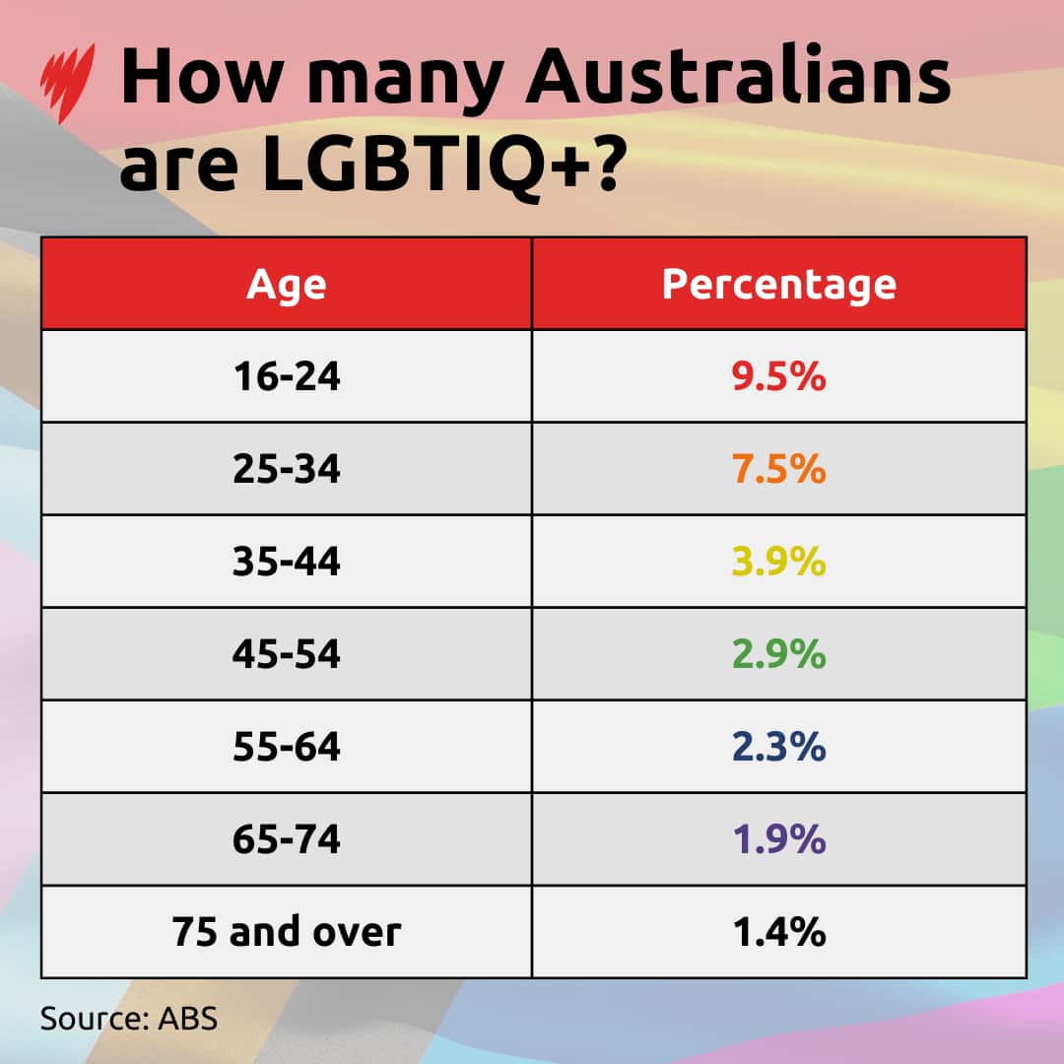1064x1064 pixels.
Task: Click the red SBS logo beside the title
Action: point(69,84)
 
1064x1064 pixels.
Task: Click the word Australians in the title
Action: point(737,79)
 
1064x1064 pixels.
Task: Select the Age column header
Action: point(286,284)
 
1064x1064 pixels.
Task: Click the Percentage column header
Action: point(778,284)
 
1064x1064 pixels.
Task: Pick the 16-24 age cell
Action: point(286,376)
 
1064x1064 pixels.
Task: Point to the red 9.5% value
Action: point(778,376)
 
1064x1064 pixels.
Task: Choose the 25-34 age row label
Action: point(286,469)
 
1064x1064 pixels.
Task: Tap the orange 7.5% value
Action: point(778,469)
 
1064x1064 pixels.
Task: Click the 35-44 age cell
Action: point(286,562)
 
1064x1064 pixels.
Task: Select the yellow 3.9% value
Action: point(778,562)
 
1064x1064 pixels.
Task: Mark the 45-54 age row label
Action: point(286,654)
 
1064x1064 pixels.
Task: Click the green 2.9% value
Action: point(778,654)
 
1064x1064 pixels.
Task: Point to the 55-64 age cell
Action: point(286,747)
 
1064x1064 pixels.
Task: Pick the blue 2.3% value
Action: point(778,747)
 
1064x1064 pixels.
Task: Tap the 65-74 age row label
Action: point(286,839)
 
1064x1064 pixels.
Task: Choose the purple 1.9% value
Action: point(778,839)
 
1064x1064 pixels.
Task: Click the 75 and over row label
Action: point(286,932)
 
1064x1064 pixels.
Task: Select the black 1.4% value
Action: point(778,932)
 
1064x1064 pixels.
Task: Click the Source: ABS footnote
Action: point(128,1018)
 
